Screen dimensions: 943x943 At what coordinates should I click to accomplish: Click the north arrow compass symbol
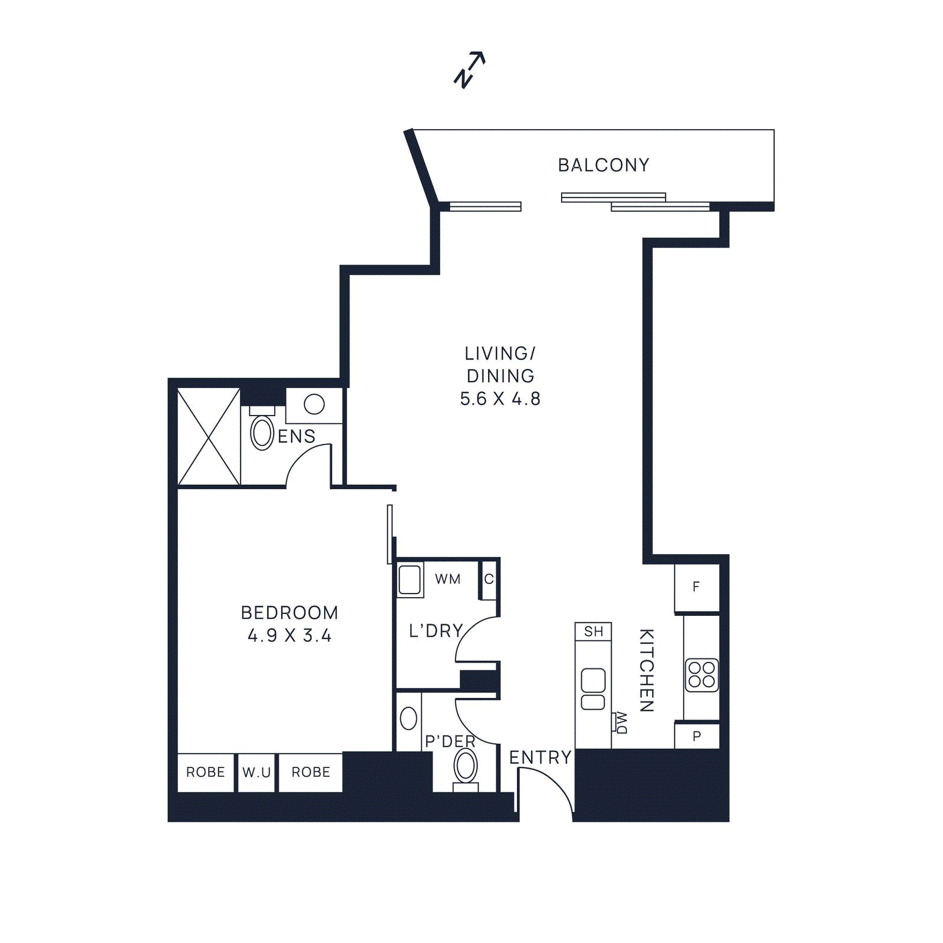pos(469,70)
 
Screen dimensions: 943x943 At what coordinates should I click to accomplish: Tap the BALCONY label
pos(604,165)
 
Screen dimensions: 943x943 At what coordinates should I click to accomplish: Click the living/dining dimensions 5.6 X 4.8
pos(500,399)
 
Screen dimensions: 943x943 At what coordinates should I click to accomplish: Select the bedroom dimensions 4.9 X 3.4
pos(289,636)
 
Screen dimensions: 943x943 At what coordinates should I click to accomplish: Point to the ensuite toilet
pos(262,432)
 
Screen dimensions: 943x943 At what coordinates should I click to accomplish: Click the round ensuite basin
pos(314,404)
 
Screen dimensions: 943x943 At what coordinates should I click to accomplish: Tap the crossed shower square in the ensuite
pos(209,437)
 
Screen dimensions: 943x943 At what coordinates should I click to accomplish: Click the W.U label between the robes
pos(256,773)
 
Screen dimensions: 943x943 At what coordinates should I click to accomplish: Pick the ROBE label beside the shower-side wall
pos(205,772)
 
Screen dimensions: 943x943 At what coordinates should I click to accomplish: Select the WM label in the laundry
pos(448,579)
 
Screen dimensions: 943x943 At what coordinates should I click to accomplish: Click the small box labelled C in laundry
pos(489,579)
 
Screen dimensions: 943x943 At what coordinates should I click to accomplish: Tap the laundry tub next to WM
pos(410,579)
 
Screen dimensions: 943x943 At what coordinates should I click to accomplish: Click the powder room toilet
pos(466,767)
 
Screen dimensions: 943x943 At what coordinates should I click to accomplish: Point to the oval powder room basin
pos(408,718)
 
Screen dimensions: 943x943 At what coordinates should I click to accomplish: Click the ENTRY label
pos(540,757)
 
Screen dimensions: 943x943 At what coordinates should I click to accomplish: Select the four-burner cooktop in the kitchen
pos(701,675)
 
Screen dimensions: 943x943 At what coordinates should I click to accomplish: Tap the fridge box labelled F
pos(696,587)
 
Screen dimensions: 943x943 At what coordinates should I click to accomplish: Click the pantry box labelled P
pos(697,736)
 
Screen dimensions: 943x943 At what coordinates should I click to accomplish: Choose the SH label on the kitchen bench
pos(594,632)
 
